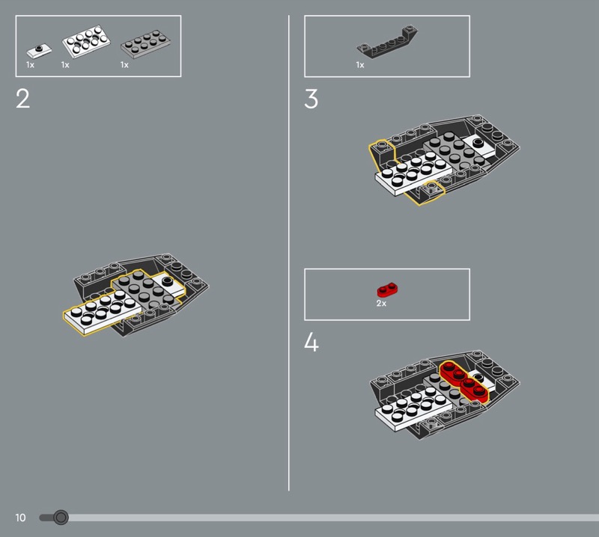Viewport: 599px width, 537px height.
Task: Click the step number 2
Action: tap(23, 99)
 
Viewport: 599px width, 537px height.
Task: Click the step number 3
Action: tap(311, 99)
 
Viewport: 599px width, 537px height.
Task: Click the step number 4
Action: tap(311, 342)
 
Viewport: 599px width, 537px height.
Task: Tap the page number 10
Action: tap(20, 518)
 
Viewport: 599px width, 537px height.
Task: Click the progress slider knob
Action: tap(61, 518)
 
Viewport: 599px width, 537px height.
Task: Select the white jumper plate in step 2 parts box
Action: tap(39, 50)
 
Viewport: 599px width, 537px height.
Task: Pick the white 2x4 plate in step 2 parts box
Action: tap(86, 41)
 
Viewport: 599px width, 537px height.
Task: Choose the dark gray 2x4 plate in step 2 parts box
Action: tap(145, 44)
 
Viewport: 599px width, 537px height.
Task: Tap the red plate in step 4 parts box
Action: tap(388, 290)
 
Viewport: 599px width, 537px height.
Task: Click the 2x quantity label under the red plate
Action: tap(381, 303)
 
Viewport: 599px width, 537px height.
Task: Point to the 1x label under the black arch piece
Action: tap(360, 65)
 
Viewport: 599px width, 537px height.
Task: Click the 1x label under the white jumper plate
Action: tap(30, 65)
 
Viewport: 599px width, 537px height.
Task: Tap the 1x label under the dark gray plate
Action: tap(124, 65)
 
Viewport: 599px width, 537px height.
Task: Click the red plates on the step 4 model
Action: tap(463, 381)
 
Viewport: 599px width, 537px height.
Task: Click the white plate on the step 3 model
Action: tap(414, 174)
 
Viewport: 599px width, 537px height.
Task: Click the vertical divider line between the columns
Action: tap(289, 253)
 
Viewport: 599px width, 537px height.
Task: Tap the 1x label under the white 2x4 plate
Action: tap(65, 65)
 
